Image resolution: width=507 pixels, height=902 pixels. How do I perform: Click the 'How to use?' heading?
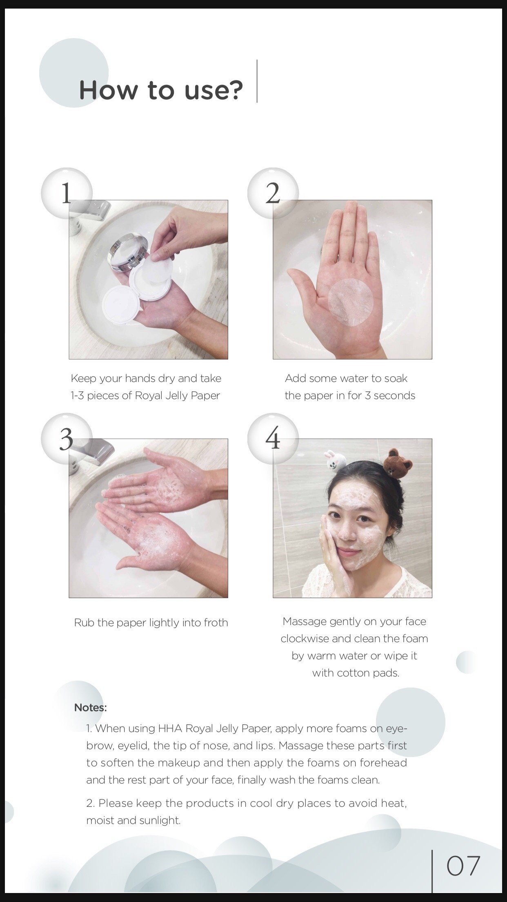(161, 90)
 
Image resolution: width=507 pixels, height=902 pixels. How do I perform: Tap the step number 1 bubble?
(67, 193)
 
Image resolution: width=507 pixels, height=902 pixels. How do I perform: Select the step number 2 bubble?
(273, 193)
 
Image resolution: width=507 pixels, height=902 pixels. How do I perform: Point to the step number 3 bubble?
(67, 439)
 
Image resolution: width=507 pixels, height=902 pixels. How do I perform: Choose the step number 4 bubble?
(273, 439)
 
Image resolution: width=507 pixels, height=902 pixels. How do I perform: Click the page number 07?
(463, 866)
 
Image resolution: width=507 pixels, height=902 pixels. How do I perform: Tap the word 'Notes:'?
(91, 708)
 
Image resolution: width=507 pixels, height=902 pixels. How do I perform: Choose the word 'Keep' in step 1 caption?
(84, 379)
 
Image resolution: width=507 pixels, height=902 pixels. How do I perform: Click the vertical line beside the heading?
(257, 81)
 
